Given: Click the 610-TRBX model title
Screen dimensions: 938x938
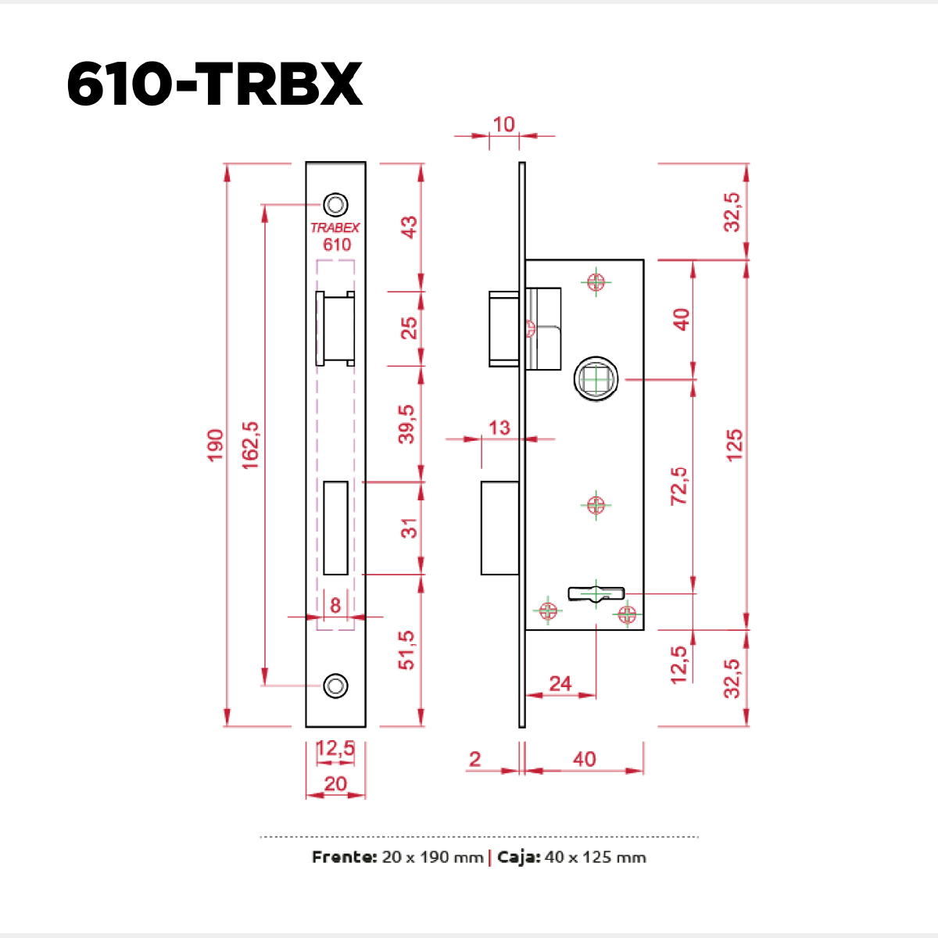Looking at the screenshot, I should pos(214,84).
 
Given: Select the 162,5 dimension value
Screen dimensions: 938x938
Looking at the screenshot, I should pos(250,445).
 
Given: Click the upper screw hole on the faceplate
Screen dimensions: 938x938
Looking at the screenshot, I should pos(336,205).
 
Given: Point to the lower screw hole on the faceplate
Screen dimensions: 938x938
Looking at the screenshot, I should pos(336,686).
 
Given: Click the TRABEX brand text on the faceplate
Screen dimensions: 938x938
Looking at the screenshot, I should pos(335,227).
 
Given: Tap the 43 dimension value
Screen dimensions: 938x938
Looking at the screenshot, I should pos(408,227).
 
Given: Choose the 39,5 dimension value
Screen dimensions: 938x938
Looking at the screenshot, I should pos(406,424).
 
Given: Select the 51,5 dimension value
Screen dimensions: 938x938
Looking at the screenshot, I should pos(406,650).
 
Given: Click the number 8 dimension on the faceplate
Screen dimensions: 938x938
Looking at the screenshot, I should pos(335,605).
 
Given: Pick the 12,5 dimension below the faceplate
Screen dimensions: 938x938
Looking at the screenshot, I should pos(335,749).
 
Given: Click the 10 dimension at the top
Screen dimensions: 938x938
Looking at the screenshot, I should pos(504,124).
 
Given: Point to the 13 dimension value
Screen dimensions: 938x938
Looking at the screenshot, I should pos(499,428).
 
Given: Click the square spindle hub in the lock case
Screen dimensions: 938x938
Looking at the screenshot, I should pos(597,379).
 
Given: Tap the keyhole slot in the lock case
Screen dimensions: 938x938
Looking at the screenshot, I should pos(596,594).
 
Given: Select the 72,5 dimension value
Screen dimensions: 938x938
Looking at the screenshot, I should pos(679,485).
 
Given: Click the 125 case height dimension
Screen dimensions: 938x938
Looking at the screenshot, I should pos(734,445).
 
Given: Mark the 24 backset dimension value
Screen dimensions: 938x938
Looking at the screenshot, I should pos(560,684).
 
